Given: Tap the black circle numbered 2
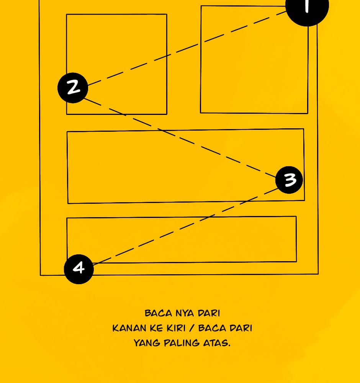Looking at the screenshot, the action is click(73, 88).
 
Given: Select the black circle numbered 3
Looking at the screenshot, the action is click(289, 180).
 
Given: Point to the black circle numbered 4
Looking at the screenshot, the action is click(79, 269).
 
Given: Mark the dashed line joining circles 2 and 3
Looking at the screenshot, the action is click(180, 137).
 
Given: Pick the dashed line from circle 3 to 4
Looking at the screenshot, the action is click(185, 226).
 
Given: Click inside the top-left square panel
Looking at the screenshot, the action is click(117, 64).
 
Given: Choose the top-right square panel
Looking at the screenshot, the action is click(254, 60).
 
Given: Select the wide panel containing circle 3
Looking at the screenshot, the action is click(186, 166).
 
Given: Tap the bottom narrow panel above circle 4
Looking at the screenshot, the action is click(182, 239).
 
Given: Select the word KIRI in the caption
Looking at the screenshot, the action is click(180, 328).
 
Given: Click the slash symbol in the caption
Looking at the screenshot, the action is click(192, 328).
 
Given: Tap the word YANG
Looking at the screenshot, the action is click(147, 343).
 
